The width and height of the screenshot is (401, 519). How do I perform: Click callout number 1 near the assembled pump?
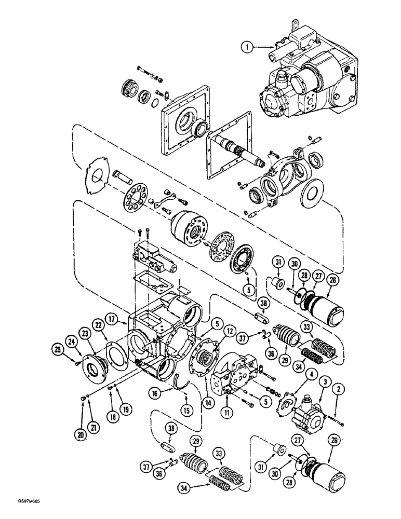tap(249, 47)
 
